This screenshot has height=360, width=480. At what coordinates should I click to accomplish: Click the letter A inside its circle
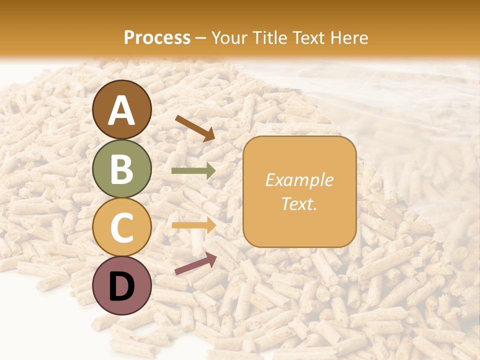[x=122, y=111]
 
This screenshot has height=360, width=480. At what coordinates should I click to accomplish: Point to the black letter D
[x=122, y=286]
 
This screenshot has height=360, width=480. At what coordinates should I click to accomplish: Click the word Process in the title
[x=157, y=37]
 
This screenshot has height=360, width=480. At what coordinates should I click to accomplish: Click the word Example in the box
[x=299, y=180]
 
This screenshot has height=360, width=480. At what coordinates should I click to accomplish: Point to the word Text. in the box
[x=299, y=203]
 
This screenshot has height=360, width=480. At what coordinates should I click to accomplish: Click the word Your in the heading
[x=228, y=37]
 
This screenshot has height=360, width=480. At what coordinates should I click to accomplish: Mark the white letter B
[x=122, y=169]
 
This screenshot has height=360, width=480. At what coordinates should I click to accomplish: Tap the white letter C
[x=122, y=227]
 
